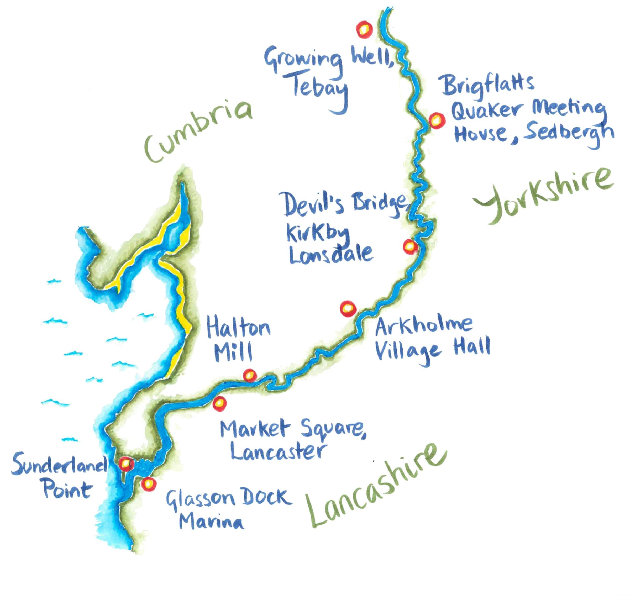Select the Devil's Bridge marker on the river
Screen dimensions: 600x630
[x=410, y=246]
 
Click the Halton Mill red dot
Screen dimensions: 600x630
[x=250, y=375]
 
